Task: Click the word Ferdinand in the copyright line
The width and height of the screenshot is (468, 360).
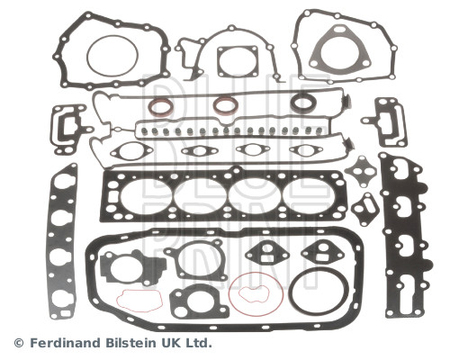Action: pos(66,343)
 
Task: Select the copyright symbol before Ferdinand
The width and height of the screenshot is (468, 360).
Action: pos(19,343)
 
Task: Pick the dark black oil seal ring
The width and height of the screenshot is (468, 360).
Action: pos(303,103)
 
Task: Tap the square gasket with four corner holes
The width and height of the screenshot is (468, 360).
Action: pos(238,61)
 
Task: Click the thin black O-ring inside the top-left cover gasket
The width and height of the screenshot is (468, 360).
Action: pos(87,56)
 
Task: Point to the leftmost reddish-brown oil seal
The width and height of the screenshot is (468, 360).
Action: pos(161,107)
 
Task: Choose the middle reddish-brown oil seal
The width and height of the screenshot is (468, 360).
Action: pos(226,105)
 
